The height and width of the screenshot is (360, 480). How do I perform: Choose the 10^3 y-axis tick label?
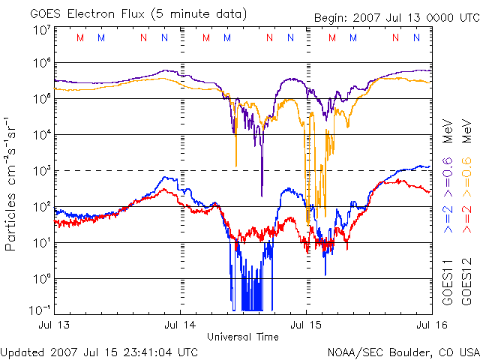point(41,170)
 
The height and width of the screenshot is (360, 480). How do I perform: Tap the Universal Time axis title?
point(242,337)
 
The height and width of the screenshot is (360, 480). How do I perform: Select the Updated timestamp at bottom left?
point(100,351)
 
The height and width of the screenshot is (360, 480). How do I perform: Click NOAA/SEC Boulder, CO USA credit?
point(403,351)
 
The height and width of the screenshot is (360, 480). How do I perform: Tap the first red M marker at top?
point(80,37)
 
